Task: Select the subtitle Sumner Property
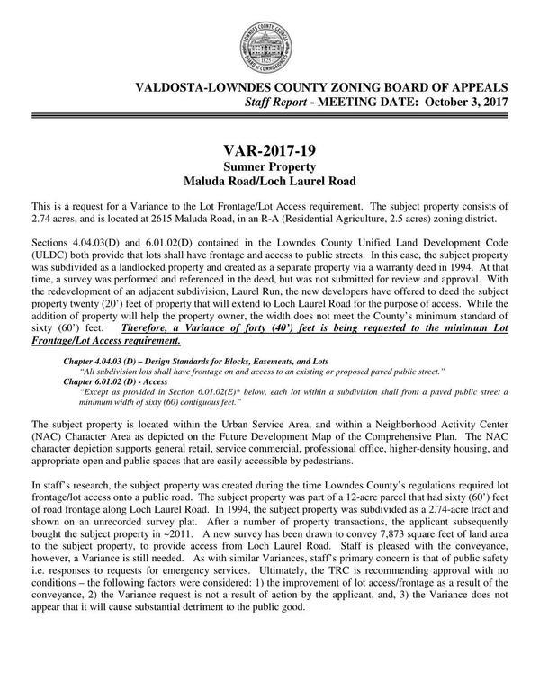(269, 167)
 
